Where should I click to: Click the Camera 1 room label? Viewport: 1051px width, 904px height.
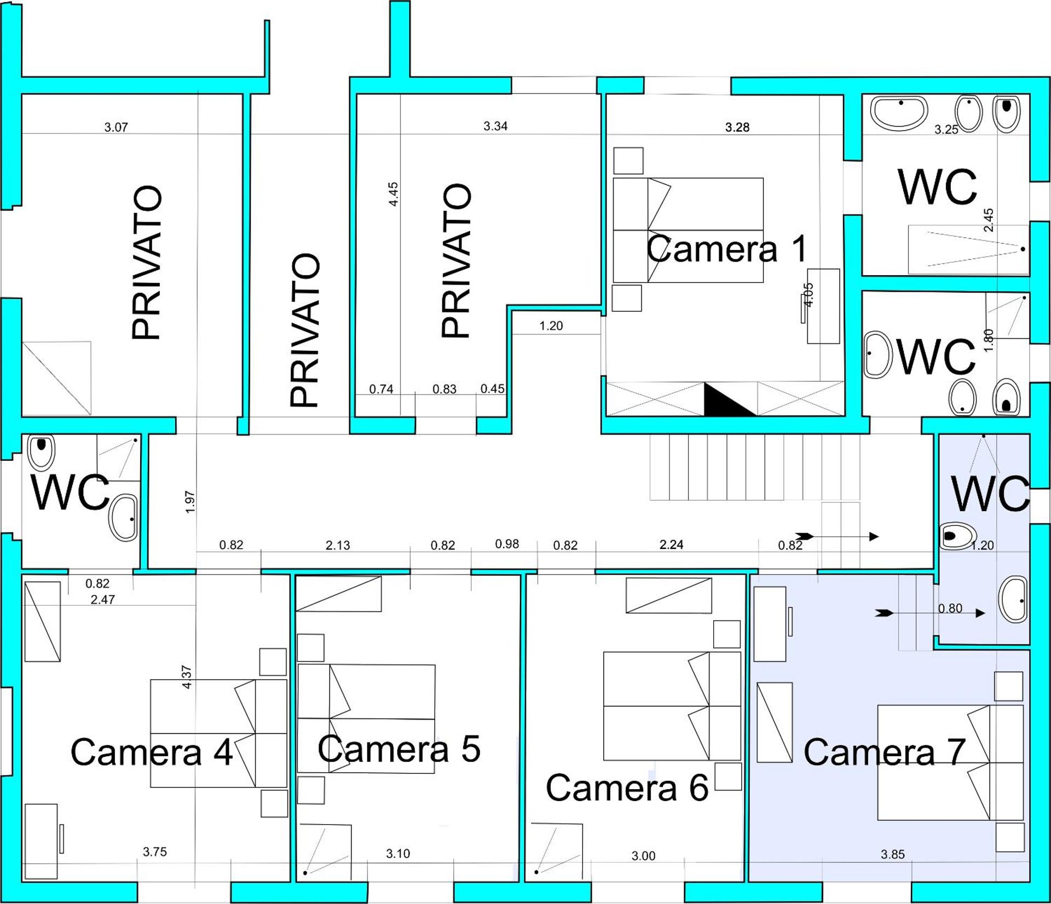point(727,249)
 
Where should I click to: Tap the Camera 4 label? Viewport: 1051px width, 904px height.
point(152,752)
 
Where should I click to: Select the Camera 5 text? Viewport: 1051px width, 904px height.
point(399,749)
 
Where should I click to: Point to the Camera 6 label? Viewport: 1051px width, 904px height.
point(627,788)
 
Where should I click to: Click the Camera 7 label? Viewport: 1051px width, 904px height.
point(884,752)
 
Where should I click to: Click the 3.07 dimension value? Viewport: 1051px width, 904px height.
point(116,128)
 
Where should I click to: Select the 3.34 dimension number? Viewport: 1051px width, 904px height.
point(495,126)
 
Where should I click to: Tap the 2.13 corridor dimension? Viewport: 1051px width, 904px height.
point(338,545)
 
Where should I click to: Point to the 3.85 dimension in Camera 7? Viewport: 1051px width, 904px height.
point(893,854)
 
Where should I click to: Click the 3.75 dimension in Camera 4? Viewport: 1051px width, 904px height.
point(155,852)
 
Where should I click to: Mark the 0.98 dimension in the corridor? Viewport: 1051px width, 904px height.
point(507,544)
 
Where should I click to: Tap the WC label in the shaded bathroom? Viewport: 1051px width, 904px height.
point(991,494)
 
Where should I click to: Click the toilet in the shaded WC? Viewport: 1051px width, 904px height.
point(958,536)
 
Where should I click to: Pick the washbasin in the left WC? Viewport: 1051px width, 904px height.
point(124,518)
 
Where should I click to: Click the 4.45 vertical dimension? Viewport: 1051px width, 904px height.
point(393,194)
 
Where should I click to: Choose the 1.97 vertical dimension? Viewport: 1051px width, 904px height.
point(190,502)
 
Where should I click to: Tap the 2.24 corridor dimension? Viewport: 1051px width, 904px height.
point(672,544)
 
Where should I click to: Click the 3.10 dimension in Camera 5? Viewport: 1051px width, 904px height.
point(398,854)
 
